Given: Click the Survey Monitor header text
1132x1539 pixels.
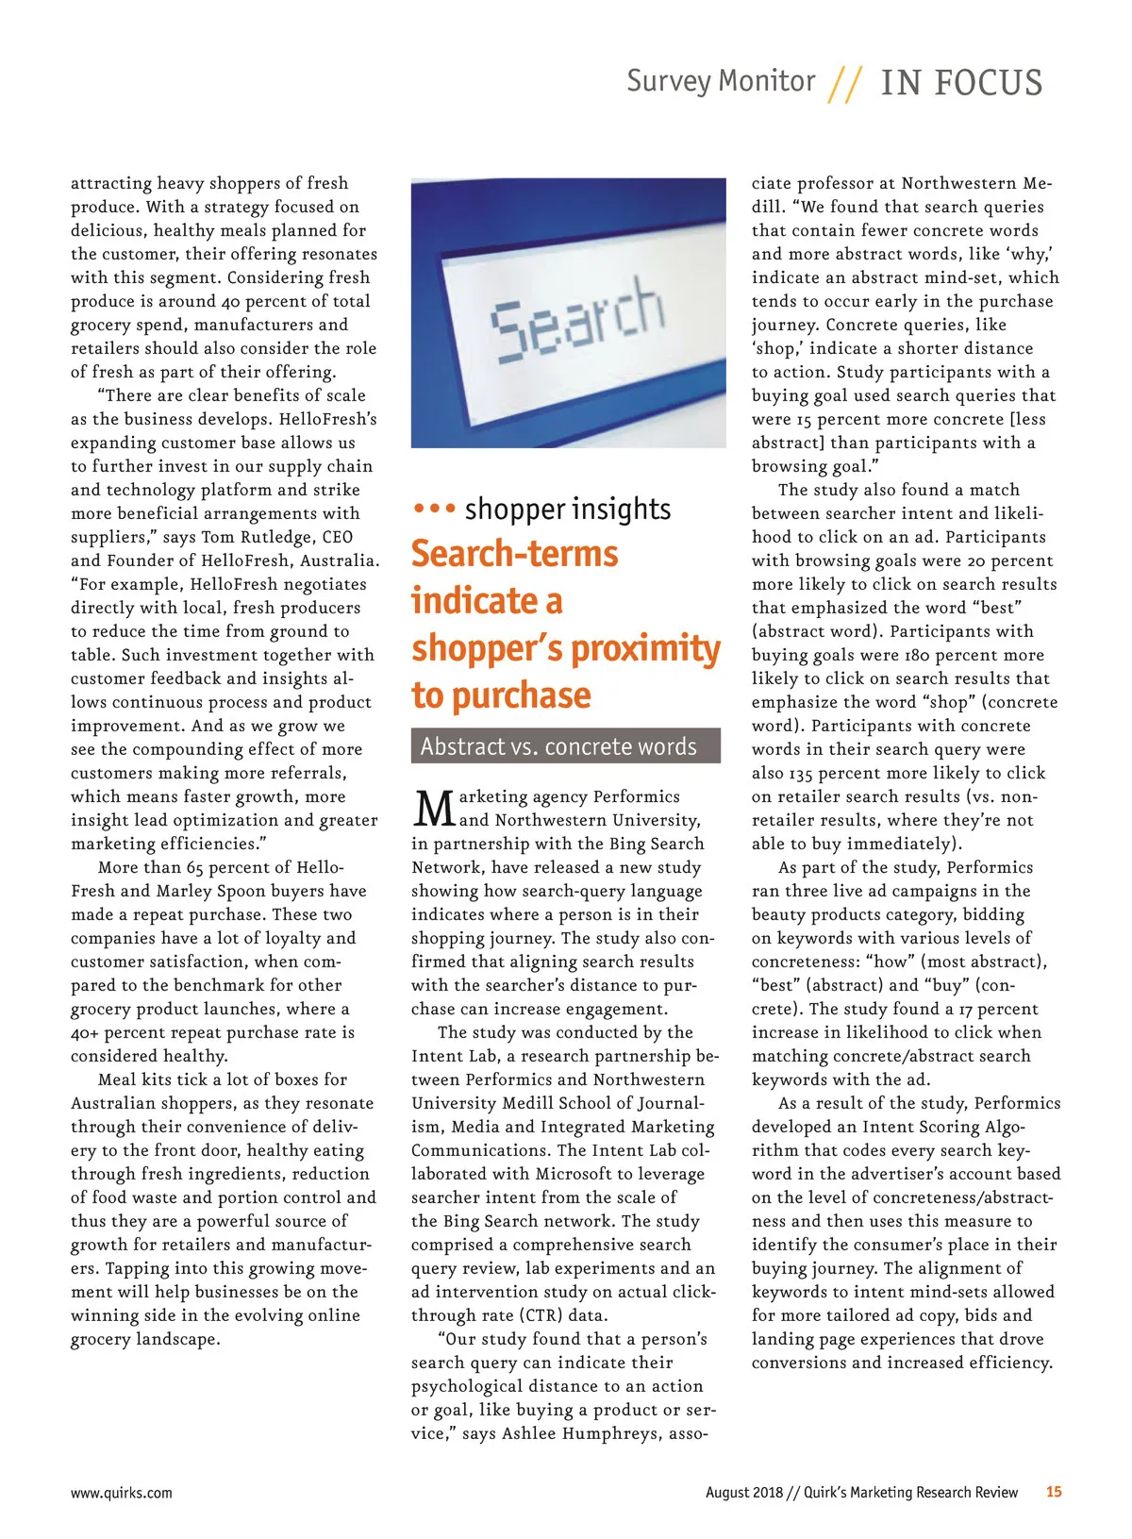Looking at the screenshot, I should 721,81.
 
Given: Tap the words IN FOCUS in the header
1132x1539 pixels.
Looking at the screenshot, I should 961,83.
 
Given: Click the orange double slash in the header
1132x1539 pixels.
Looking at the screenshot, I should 845,84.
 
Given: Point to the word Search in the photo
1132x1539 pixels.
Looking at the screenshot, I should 576,318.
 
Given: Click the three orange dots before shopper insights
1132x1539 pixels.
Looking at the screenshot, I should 434,509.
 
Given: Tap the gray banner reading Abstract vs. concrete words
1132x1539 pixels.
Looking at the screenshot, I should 565,746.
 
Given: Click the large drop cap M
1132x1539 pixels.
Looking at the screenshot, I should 434,809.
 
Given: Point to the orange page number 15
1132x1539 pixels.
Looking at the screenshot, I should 1053,1492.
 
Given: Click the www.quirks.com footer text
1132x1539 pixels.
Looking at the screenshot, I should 122,1493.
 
